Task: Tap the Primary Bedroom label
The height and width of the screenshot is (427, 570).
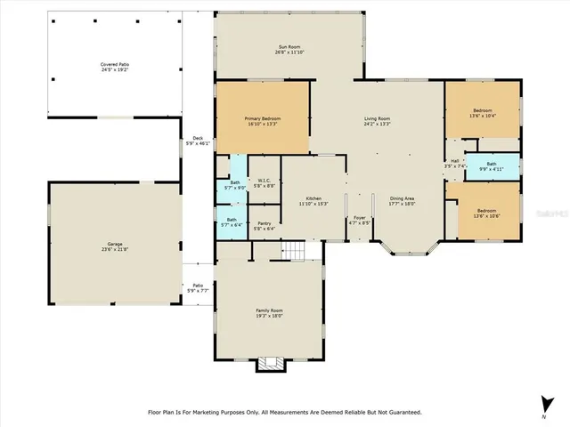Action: coord(263,120)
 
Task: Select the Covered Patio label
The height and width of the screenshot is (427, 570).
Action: coord(115,67)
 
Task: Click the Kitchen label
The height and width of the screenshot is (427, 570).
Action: coord(313,200)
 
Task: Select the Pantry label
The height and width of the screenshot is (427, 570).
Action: coord(265,225)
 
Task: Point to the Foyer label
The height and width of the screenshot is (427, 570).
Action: coord(360,219)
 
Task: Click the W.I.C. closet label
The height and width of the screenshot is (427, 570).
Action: coord(265,183)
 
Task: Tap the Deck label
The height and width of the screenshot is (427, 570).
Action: coord(197,141)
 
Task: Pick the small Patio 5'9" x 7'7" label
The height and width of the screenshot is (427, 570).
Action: coord(197,288)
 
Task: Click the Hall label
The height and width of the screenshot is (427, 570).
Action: coord(455,164)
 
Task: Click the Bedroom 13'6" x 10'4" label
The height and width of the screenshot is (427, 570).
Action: coord(482,113)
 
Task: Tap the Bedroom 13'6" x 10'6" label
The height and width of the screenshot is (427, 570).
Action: coord(487,213)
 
